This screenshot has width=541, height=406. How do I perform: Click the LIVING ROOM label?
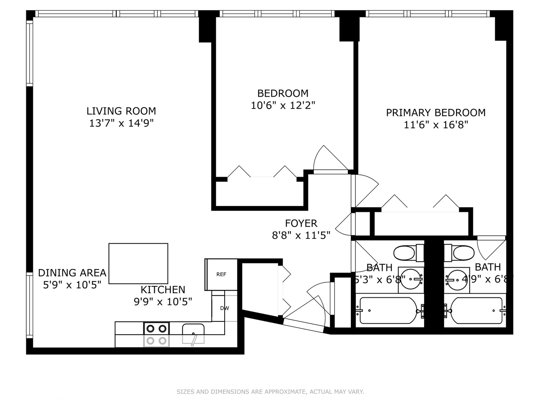point(121,111)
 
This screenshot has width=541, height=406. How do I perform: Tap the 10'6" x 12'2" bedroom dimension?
point(283,105)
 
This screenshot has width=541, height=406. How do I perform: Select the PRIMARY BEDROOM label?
point(436,112)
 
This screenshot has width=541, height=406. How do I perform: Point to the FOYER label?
point(301,223)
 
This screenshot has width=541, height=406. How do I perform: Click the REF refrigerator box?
point(221,274)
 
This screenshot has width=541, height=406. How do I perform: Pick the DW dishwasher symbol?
point(224,308)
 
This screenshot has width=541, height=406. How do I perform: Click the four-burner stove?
point(156,334)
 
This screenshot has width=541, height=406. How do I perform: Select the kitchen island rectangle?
point(138,264)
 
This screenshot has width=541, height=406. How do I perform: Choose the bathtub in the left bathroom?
point(388,311)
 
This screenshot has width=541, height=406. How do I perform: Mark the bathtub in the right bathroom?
point(477,311)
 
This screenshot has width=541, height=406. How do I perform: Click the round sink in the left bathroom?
point(410,279)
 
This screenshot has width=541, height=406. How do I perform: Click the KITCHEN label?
point(163,290)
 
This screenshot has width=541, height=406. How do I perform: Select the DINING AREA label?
point(72,273)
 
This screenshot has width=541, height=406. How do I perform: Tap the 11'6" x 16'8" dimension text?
point(436,124)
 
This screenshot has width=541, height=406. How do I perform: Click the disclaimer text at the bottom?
point(270,392)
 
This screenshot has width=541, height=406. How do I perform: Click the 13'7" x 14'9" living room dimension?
point(121,123)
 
